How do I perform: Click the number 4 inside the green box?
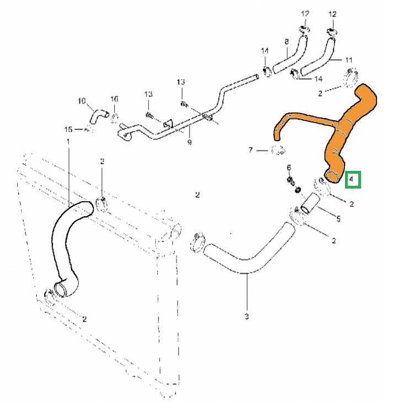point(352,180)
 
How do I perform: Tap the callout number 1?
point(68,142)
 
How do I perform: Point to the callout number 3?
point(246,316)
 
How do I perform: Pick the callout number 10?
point(82,101)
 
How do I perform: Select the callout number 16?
point(114,99)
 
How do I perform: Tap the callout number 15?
point(68,130)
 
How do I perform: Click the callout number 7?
point(250,149)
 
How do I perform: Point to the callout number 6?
point(288,167)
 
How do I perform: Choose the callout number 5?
point(338,218)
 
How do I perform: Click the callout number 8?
point(287,41)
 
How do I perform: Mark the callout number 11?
point(348,59)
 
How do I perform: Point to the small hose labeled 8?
point(292,56)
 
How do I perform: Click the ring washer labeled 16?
point(114,117)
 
